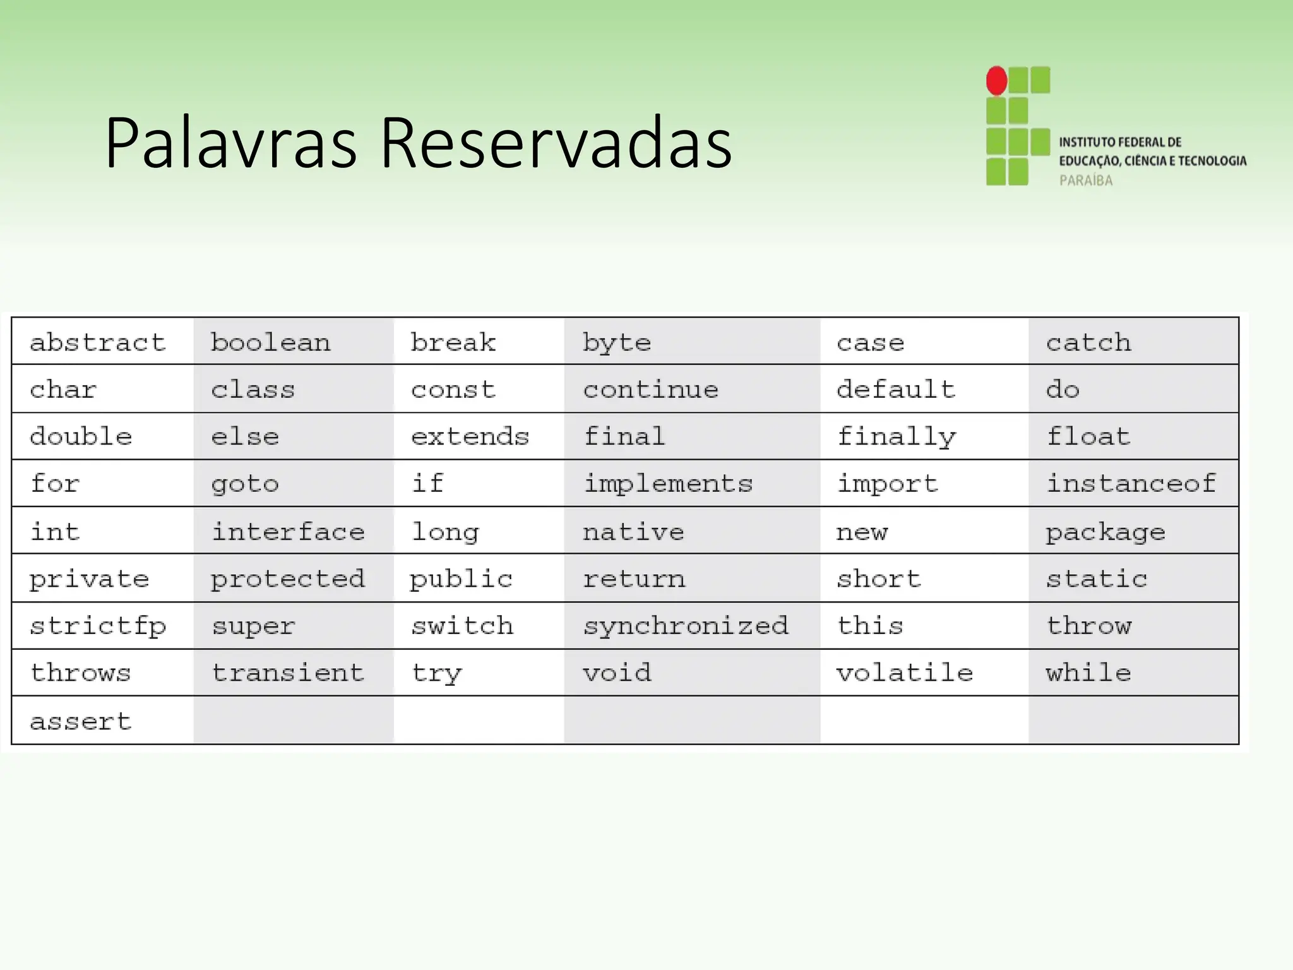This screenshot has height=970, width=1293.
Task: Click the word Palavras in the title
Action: [x=230, y=143]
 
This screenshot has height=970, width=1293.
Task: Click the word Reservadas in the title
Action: [x=556, y=143]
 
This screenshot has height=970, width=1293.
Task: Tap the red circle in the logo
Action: [x=996, y=81]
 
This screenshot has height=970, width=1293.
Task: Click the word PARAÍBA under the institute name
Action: [x=1086, y=181]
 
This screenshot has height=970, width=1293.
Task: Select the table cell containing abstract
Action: [x=98, y=342]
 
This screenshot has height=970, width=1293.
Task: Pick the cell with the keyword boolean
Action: [x=270, y=342]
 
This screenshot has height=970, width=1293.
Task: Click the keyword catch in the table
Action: [x=1088, y=342]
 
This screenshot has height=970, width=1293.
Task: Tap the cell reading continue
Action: [x=650, y=390]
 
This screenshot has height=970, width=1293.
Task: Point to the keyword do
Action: [x=1063, y=390]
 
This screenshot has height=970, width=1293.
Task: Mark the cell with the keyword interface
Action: [x=288, y=532]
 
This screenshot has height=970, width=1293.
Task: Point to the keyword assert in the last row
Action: [x=81, y=721]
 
